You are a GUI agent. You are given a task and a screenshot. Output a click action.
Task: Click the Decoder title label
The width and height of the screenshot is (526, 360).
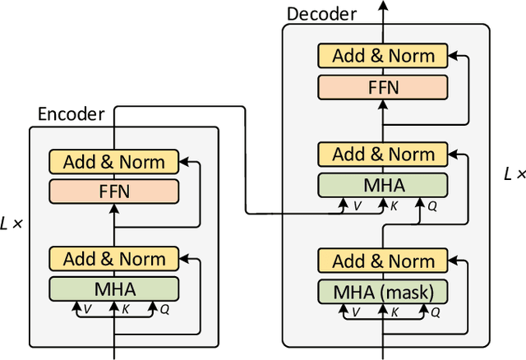321,14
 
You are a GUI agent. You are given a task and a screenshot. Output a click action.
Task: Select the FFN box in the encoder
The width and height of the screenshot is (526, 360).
113,192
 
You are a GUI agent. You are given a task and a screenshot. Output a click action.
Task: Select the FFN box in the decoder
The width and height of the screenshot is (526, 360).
383,86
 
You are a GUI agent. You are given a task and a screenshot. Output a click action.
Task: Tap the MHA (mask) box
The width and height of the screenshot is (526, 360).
383,291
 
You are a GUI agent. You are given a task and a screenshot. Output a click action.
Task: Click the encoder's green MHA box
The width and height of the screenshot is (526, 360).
113,288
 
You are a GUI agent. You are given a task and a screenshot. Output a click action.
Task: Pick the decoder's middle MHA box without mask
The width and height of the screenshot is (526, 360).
383,184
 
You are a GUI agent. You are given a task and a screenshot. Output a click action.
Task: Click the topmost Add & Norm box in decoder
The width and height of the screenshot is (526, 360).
383,57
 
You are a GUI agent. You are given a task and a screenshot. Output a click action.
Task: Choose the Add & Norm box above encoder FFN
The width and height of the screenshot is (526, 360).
113,162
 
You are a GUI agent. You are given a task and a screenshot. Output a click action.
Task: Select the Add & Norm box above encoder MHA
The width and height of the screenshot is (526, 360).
113,259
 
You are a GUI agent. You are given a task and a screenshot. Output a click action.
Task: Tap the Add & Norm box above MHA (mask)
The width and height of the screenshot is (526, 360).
383,261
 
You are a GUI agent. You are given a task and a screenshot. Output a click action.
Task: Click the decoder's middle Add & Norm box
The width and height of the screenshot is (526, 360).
383,155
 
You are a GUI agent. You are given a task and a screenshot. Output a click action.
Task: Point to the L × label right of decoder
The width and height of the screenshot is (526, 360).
513,174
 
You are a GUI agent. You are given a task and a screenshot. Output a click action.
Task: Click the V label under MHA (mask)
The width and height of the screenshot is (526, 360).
355,313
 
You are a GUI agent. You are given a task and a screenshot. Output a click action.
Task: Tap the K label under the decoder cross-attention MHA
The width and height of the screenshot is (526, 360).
394,207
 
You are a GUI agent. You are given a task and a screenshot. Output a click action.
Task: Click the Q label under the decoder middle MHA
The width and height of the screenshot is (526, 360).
432,207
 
